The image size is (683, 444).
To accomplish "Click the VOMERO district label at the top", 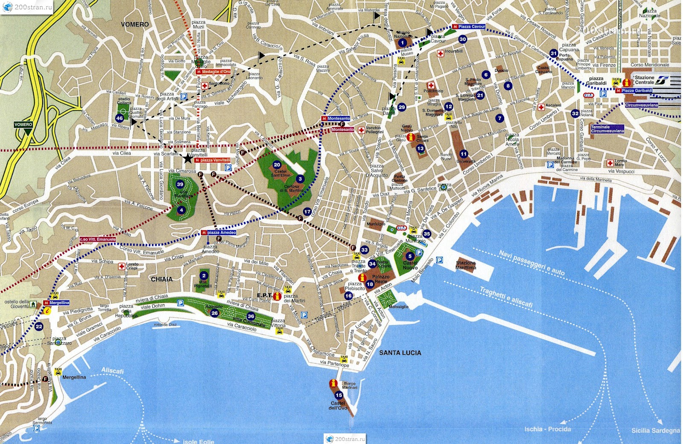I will point(135,24).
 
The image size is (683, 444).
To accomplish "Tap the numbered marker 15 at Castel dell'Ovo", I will point(339,395).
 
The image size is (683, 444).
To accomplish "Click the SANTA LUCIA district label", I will point(400,353).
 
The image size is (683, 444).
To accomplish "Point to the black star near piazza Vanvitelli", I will point(187,159).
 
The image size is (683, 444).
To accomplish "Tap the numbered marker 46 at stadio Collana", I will point(120,118).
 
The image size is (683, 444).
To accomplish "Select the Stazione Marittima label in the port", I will point(465,265).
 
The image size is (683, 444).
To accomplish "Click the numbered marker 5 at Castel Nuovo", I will point(410,256).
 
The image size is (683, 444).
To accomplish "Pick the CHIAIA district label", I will point(162,279).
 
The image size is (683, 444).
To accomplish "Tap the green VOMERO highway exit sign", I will point(23,125).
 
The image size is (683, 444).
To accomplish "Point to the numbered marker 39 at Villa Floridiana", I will point(180,185).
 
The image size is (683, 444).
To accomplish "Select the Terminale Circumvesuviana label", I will point(607,129).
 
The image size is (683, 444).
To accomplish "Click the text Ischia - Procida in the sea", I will point(547,429).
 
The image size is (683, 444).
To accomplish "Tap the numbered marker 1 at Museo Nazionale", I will point(402,43).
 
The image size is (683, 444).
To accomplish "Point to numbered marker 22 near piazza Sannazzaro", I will point(39,326).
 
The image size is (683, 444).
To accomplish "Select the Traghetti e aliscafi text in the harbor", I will point(506,297).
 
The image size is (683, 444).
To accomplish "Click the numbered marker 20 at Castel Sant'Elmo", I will point(277,165).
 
